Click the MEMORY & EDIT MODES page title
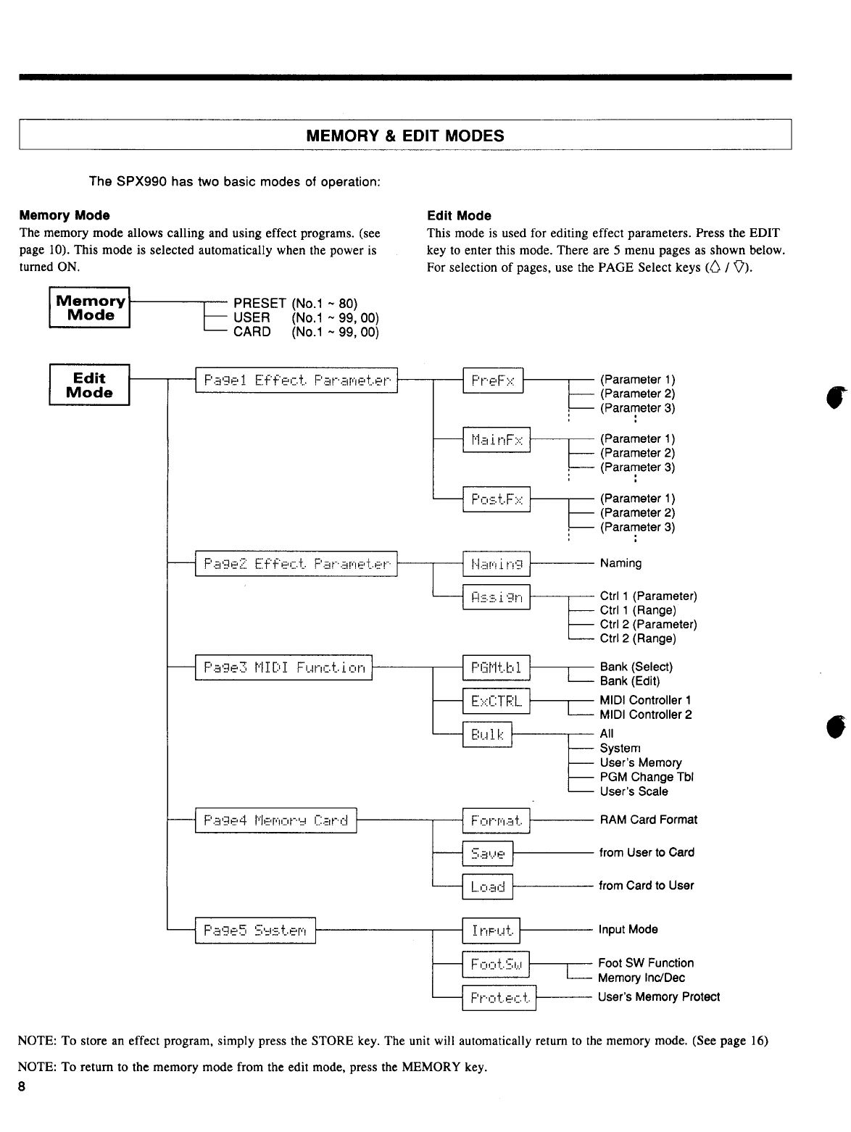[x=405, y=136]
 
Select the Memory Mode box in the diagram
[x=90, y=308]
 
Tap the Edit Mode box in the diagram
[x=89, y=386]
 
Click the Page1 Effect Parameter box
[x=296, y=380]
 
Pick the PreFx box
[x=493, y=380]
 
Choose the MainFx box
[x=497, y=439]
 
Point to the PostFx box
[x=497, y=499]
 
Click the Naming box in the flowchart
[x=497, y=563]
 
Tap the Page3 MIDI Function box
[x=283, y=667]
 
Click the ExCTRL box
[x=497, y=701]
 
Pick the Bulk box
[x=487, y=734]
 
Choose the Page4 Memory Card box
[x=275, y=820]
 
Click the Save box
[x=487, y=854]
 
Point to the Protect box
[x=499, y=998]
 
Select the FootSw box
[x=497, y=964]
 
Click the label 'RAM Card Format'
[x=648, y=820]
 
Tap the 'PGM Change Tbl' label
[x=647, y=777]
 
